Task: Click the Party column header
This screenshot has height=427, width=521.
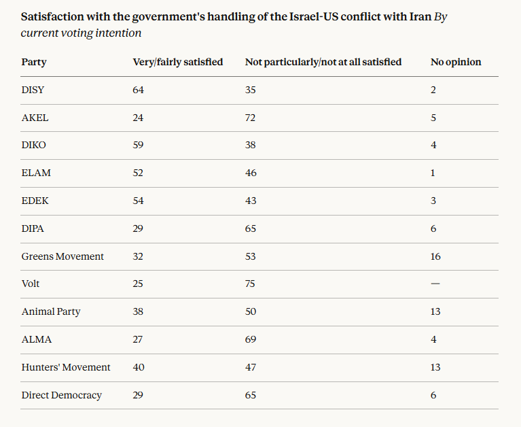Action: pyautogui.click(x=34, y=62)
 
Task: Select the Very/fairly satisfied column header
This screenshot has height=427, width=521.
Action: pyautogui.click(x=177, y=62)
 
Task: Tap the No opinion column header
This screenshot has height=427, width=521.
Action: pyautogui.click(x=456, y=62)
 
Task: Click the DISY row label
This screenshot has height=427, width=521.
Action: pyautogui.click(x=33, y=90)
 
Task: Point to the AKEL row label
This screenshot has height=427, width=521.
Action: pyautogui.click(x=35, y=118)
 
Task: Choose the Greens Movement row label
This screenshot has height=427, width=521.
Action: pyautogui.click(x=62, y=256)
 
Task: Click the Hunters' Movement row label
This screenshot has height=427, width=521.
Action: pyautogui.click(x=65, y=367)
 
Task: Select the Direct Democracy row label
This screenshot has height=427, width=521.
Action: pyautogui.click(x=61, y=395)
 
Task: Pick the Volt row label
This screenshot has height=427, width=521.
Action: pyautogui.click(x=31, y=284)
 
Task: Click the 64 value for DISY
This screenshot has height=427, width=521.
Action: pyautogui.click(x=139, y=90)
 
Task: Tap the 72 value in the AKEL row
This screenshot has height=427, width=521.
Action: pyautogui.click(x=251, y=118)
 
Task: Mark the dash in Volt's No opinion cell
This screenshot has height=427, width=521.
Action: pyautogui.click(x=435, y=284)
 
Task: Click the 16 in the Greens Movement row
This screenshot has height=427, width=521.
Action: pyautogui.click(x=435, y=256)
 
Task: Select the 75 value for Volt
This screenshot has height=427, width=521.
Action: pyautogui.click(x=251, y=284)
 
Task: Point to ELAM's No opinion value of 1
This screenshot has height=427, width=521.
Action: pyautogui.click(x=433, y=173)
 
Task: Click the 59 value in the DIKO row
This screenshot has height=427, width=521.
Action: pyautogui.click(x=139, y=145)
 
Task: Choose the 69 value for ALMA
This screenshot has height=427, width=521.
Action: pyautogui.click(x=251, y=339)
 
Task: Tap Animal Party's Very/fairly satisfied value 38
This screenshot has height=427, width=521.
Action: pyautogui.click(x=139, y=311)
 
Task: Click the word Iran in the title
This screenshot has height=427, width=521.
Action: pyautogui.click(x=418, y=16)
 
